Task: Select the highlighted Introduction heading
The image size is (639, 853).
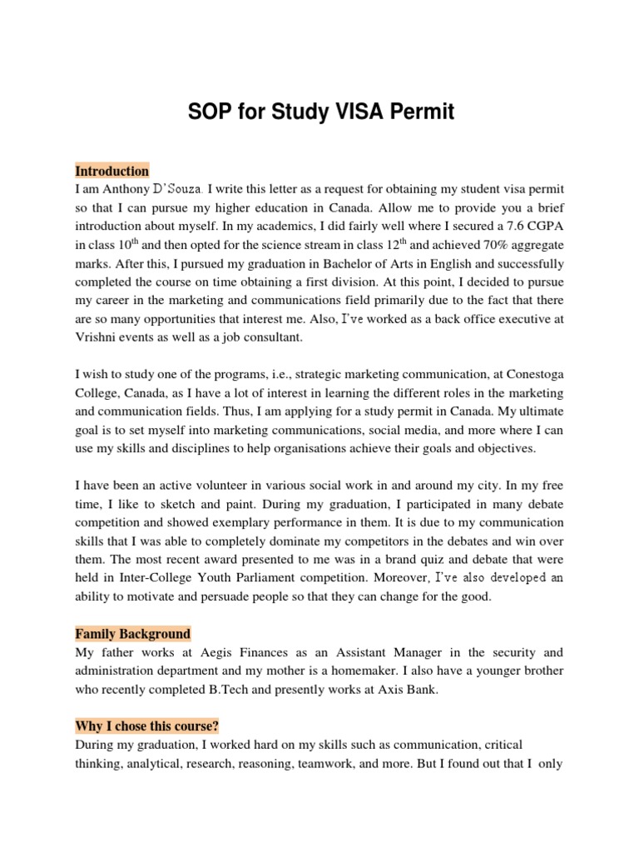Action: coord(112,171)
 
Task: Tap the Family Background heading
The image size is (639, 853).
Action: coord(133,634)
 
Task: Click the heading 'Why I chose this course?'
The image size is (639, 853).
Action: coord(147,726)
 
